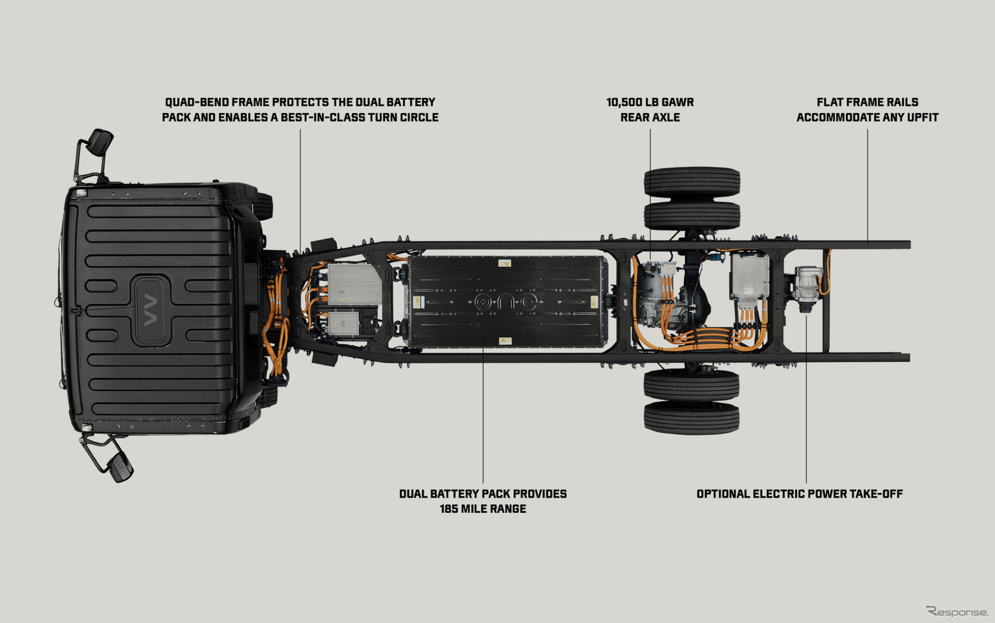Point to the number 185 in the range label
click(x=450, y=509)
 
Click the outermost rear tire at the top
click(x=692, y=182)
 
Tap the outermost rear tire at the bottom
click(x=692, y=418)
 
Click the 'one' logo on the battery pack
click(x=505, y=302)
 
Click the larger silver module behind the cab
click(x=354, y=283)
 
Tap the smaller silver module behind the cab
click(x=344, y=323)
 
